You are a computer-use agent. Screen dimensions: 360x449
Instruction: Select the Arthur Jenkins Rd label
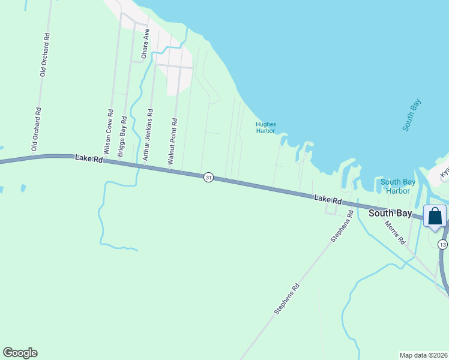(148, 132)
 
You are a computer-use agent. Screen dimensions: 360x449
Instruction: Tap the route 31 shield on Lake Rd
(208, 178)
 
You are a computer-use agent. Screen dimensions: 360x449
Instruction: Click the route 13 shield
(442, 244)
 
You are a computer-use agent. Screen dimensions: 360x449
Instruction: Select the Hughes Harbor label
(265, 127)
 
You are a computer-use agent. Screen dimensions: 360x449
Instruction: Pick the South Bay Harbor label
(394, 187)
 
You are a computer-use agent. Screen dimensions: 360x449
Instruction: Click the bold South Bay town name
(390, 213)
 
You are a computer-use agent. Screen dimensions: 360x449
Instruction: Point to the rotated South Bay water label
(412, 115)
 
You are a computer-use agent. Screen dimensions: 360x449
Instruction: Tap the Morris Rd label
(396, 235)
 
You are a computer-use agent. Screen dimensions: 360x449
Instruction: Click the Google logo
(20, 353)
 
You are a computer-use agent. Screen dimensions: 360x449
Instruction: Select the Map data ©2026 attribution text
(424, 355)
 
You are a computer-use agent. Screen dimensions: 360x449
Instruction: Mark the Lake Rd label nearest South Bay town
(328, 199)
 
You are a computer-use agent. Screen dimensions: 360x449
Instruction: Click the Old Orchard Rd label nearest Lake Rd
(38, 129)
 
